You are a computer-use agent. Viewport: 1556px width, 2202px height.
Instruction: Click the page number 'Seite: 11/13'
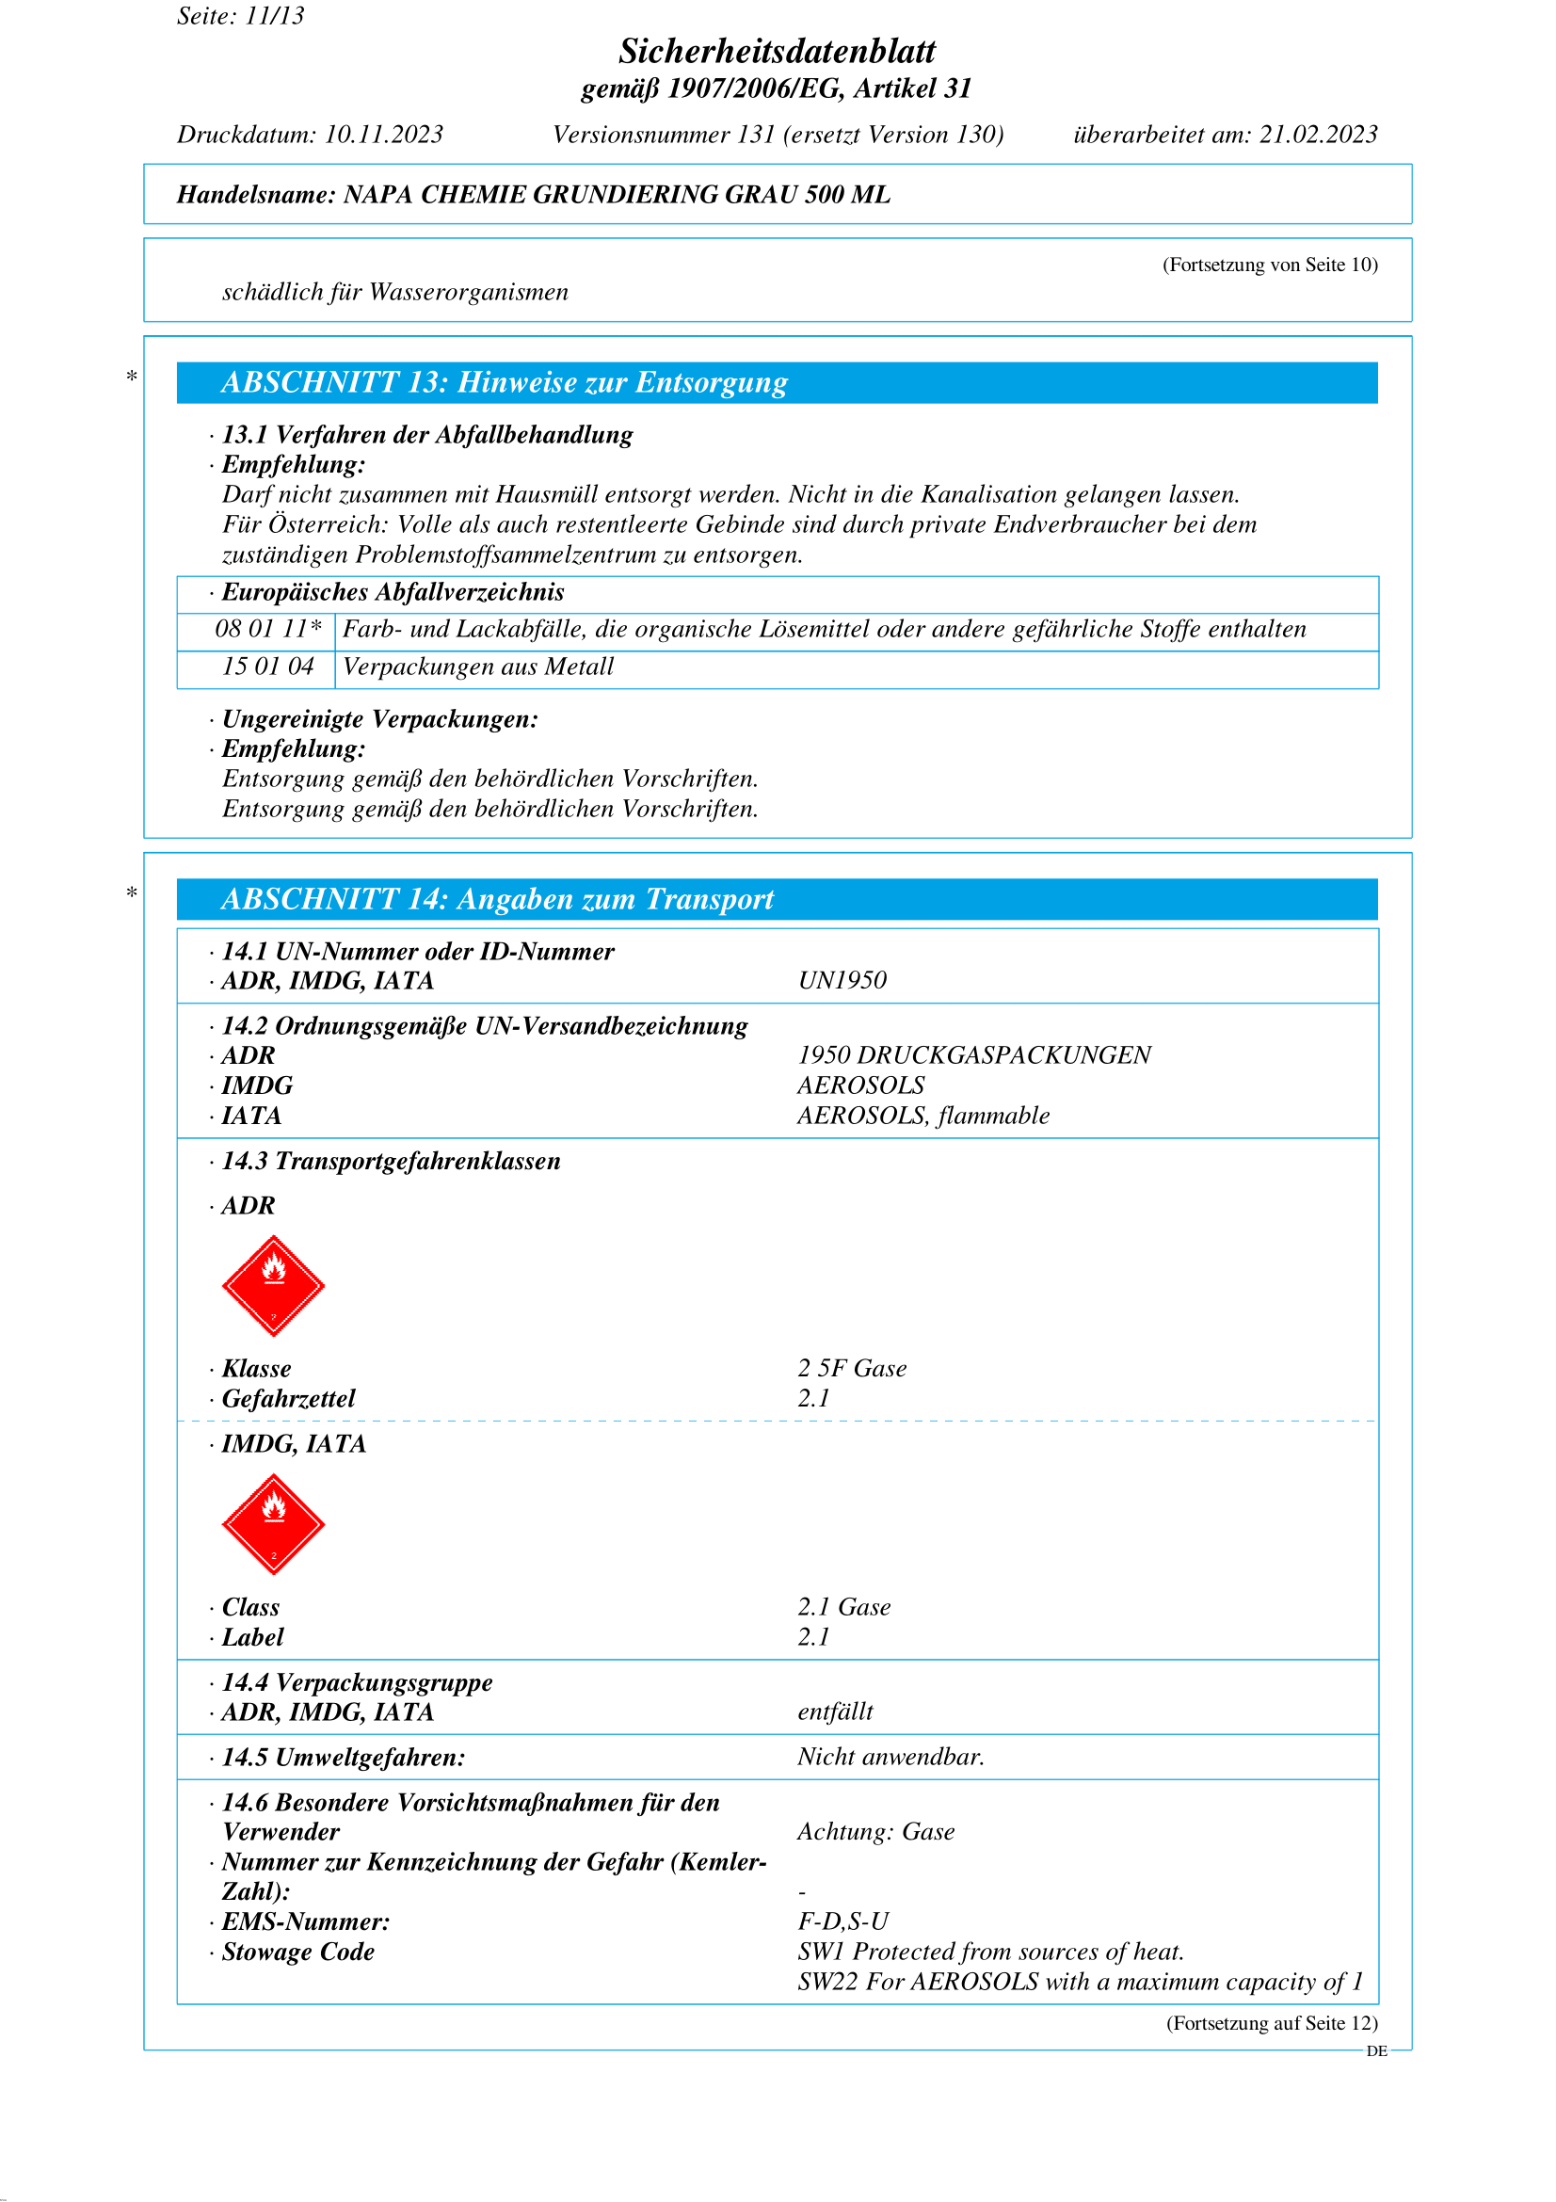241,16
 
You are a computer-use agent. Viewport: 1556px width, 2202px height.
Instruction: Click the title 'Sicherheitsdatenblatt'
777,51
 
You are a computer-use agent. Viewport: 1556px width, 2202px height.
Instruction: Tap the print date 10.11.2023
383,135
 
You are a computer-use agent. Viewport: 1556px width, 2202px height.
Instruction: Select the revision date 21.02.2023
1318,135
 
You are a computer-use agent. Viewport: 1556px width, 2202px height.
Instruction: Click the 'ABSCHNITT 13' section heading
505,382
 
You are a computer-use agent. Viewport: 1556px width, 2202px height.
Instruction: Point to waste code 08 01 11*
267,629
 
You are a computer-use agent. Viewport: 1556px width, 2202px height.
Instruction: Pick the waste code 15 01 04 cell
267,667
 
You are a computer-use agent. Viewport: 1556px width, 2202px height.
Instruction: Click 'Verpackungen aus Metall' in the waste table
478,667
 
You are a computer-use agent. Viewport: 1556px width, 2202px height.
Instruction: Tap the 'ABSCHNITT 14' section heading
498,900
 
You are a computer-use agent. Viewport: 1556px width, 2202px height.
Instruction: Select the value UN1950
842,980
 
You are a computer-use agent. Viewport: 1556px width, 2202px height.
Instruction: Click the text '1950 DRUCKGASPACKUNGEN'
974,1055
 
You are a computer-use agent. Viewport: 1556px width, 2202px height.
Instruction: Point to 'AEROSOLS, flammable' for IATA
923,1116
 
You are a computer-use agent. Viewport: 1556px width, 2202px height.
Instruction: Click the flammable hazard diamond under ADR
273,1285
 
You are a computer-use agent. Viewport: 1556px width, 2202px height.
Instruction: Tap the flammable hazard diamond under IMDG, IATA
273,1524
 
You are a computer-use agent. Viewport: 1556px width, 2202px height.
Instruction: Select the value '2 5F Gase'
851,1369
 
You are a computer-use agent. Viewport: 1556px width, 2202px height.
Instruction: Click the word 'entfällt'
835,1712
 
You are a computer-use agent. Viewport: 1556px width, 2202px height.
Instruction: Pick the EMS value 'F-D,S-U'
842,1922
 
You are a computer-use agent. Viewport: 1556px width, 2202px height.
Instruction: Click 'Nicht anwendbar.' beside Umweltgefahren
890,1757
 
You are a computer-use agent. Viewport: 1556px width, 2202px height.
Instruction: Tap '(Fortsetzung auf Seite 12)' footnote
1272,2024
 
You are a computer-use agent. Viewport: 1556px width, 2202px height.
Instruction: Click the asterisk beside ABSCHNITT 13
132,377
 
